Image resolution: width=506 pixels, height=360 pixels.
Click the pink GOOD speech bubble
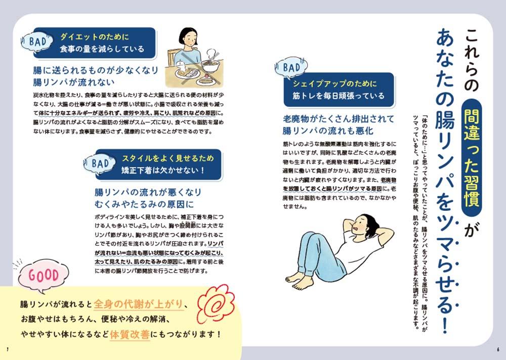coord(43,276)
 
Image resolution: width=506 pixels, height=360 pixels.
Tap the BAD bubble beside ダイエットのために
coord(37,41)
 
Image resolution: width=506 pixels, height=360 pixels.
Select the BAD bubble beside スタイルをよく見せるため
coord(100,163)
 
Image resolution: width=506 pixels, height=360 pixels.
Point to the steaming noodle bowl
coord(210,63)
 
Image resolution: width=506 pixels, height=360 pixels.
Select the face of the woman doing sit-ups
coord(360,224)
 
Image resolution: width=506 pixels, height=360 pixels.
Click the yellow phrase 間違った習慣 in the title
coord(472,158)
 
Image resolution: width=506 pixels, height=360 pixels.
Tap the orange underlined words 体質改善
coord(130,335)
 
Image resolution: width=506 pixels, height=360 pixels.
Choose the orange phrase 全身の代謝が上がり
coord(139,304)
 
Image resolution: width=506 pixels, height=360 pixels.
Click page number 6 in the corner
coord(498,350)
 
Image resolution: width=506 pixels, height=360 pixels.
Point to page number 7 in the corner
coord(8,350)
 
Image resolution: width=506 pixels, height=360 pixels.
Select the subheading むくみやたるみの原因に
coord(144,204)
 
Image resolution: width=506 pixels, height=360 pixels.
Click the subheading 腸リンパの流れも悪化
coord(328,130)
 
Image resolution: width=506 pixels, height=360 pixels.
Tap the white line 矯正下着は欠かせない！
coord(163,170)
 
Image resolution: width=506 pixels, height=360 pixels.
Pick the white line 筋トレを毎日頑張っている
coord(339,96)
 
